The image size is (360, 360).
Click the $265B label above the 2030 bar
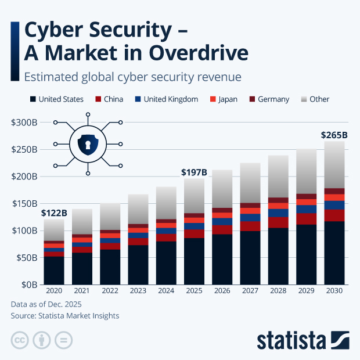pyautogui.click(x=334, y=135)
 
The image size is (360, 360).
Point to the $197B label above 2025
pyautogui.click(x=193, y=172)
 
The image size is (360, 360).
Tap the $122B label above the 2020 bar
pyautogui.click(x=54, y=213)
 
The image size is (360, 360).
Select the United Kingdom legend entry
pyautogui.click(x=167, y=99)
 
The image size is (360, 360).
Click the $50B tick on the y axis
pyautogui.click(x=26, y=258)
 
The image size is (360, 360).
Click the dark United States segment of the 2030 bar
pyautogui.click(x=334, y=253)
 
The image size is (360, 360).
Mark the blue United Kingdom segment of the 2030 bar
pyautogui.click(x=334, y=205)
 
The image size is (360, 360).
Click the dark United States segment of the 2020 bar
pyautogui.click(x=54, y=271)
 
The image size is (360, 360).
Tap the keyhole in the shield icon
pyautogui.click(x=88, y=144)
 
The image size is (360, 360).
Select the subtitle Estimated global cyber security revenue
pyautogui.click(x=132, y=76)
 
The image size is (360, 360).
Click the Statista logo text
pyautogui.click(x=292, y=339)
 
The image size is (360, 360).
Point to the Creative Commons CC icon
pyautogui.click(x=20, y=340)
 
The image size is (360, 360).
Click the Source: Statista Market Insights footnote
pyautogui.click(x=65, y=315)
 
